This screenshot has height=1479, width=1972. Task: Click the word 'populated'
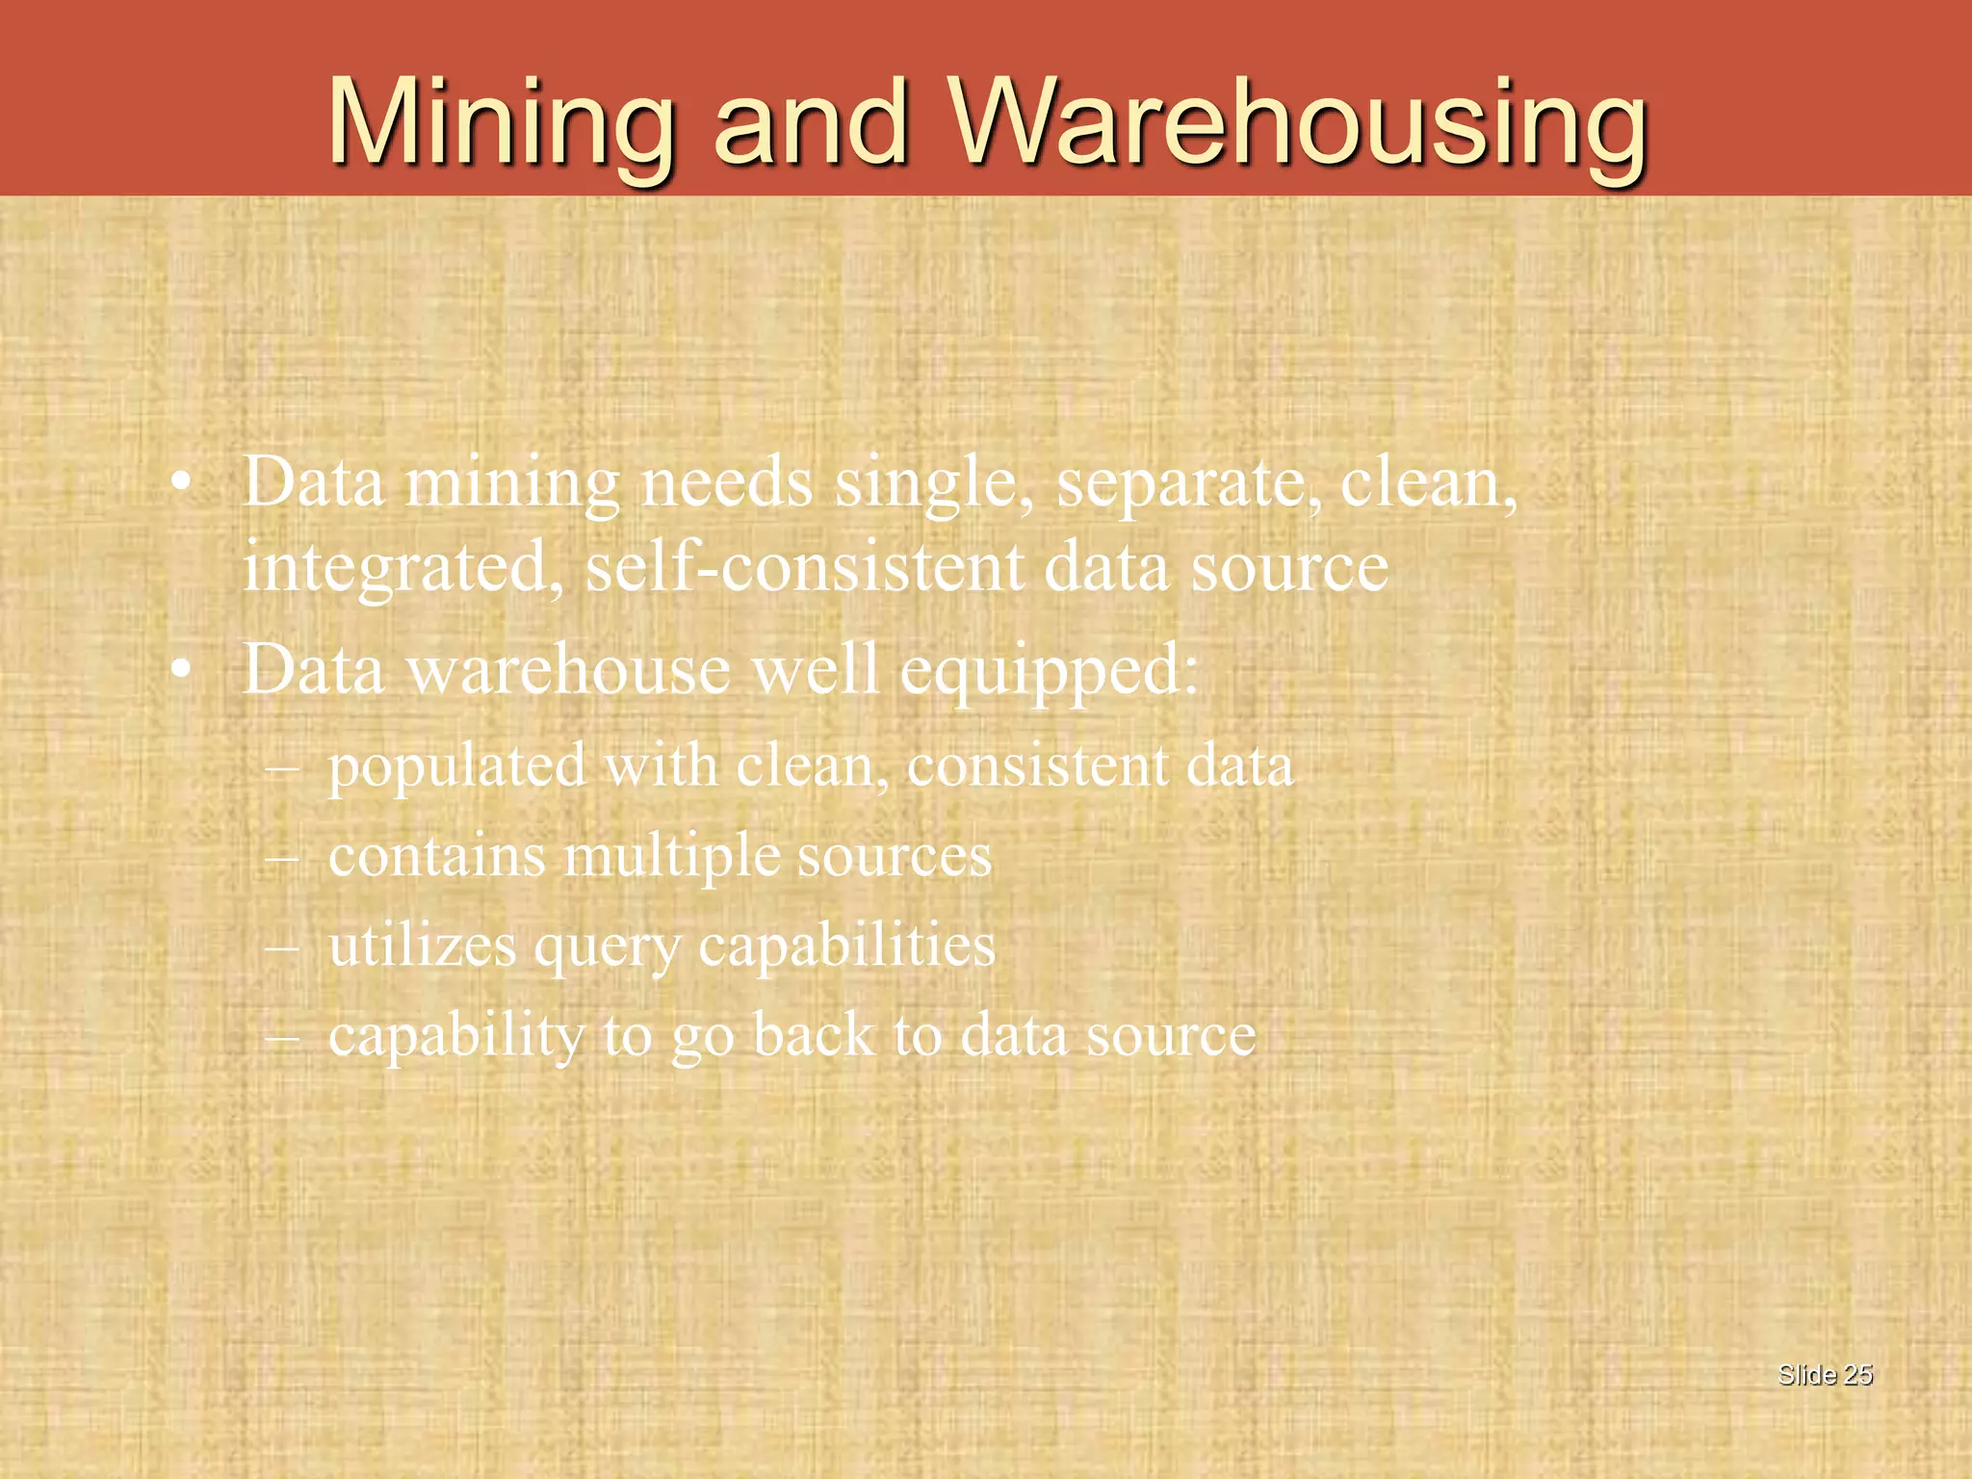456,768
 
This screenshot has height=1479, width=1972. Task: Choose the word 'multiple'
671,857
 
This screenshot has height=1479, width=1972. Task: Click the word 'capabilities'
846,946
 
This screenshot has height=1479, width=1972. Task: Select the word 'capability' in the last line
456,1037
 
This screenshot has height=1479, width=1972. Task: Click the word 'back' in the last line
813,1035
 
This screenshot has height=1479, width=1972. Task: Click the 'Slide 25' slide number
1825,1375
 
